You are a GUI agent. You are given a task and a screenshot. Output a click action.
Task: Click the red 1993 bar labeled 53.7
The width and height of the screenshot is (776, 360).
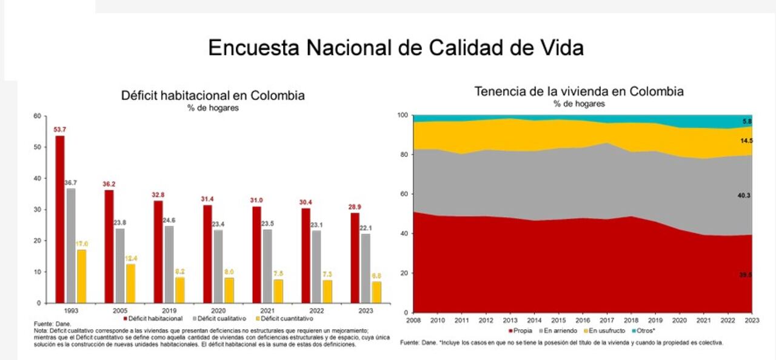(x=60, y=219)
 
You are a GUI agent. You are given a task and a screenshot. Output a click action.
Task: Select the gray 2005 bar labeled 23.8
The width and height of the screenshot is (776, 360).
(x=120, y=265)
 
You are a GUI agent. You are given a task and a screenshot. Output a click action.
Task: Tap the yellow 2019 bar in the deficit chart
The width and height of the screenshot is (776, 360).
(x=180, y=290)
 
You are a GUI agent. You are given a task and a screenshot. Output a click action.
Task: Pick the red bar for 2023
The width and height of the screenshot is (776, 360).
(x=355, y=258)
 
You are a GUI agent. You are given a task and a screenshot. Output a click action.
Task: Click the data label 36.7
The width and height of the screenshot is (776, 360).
(x=72, y=182)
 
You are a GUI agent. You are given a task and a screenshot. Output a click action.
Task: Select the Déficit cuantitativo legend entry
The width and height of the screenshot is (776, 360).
(x=286, y=318)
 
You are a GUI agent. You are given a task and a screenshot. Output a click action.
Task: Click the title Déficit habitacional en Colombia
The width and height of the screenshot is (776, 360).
(x=213, y=96)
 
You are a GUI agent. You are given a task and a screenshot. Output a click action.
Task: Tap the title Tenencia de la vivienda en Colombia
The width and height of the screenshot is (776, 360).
(x=579, y=92)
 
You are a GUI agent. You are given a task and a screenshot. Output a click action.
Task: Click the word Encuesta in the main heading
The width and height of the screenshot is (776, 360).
(x=255, y=48)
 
